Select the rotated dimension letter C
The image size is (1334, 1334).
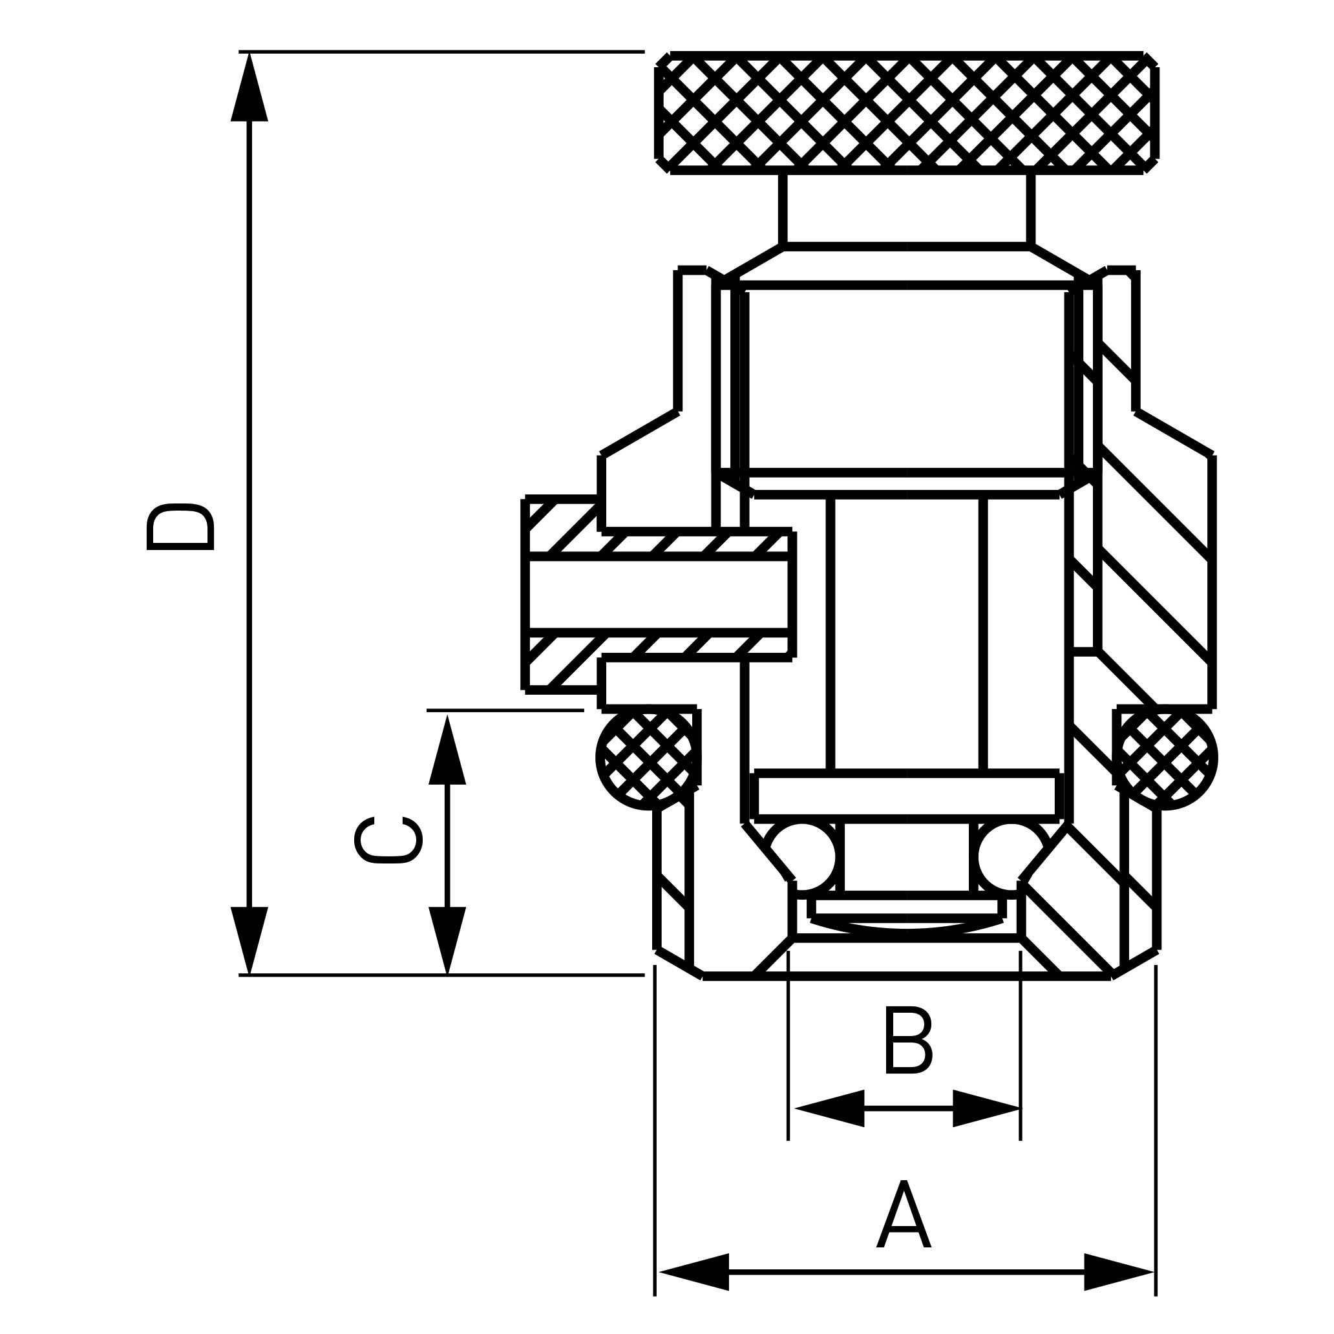[388, 840]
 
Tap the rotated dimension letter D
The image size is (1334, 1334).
[181, 527]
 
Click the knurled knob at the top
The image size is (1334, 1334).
[907, 112]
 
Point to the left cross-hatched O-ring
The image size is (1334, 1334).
[647, 757]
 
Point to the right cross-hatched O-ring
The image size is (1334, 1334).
[1165, 757]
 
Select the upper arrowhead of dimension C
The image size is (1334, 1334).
[447, 751]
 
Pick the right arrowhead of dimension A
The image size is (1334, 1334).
[1119, 1291]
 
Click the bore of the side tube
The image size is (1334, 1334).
[659, 595]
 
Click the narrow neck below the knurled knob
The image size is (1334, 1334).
[907, 209]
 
